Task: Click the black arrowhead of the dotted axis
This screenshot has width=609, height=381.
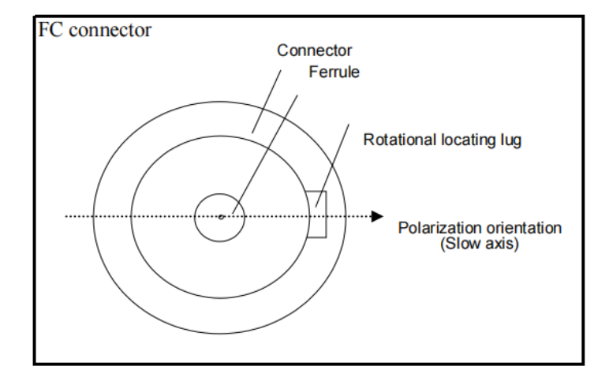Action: (x=378, y=215)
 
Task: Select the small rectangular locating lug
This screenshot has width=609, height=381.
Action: (x=316, y=214)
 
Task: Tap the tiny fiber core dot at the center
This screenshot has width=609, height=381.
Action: (x=222, y=215)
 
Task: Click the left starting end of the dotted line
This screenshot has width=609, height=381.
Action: (x=65, y=215)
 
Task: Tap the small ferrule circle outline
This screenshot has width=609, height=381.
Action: (x=196, y=215)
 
